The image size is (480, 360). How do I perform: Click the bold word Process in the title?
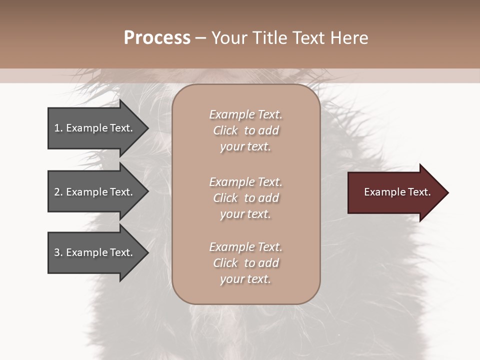[157, 38]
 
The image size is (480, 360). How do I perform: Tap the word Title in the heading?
[268, 38]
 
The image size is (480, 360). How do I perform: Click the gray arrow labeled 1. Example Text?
[95, 128]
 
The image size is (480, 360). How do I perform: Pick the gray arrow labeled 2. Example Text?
[95, 192]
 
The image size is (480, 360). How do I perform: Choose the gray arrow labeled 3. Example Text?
[95, 252]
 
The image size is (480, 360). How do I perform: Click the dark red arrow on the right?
[395, 192]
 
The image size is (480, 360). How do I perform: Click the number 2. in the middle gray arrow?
[58, 192]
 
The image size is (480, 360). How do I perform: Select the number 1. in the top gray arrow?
[58, 128]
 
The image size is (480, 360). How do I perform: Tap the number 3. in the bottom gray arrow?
[58, 252]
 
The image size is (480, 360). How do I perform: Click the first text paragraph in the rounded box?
[245, 130]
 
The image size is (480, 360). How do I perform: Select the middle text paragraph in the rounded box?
[245, 198]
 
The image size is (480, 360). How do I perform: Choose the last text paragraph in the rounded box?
[245, 263]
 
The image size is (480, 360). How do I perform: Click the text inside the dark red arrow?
[397, 192]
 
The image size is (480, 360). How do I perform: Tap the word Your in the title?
[229, 38]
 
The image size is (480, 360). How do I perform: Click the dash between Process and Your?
[200, 38]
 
